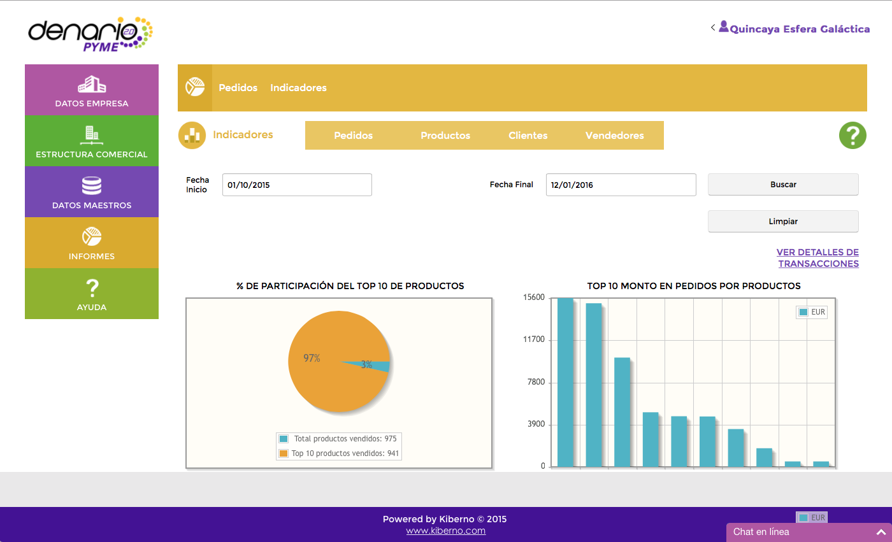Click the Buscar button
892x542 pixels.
[x=783, y=185]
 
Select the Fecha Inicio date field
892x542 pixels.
[x=297, y=185]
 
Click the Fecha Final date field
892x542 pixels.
[x=621, y=185]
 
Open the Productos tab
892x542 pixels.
[x=445, y=136]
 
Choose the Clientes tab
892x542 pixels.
[x=528, y=136]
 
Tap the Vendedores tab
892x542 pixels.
[x=614, y=136]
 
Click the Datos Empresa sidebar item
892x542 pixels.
[x=92, y=90]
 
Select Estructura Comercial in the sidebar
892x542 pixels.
[x=92, y=141]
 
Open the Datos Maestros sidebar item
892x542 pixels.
[x=92, y=192]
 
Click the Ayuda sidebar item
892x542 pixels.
[x=92, y=294]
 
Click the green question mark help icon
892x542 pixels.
[x=852, y=136]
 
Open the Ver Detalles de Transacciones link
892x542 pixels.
[x=818, y=258]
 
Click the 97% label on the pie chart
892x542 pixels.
[x=312, y=359]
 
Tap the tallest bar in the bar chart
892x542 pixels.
[x=565, y=382]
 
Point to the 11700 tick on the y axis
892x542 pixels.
[x=534, y=340]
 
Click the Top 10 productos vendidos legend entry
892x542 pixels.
[x=340, y=453]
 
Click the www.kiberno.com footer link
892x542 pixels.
[x=445, y=531]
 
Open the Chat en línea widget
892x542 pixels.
[x=809, y=532]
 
